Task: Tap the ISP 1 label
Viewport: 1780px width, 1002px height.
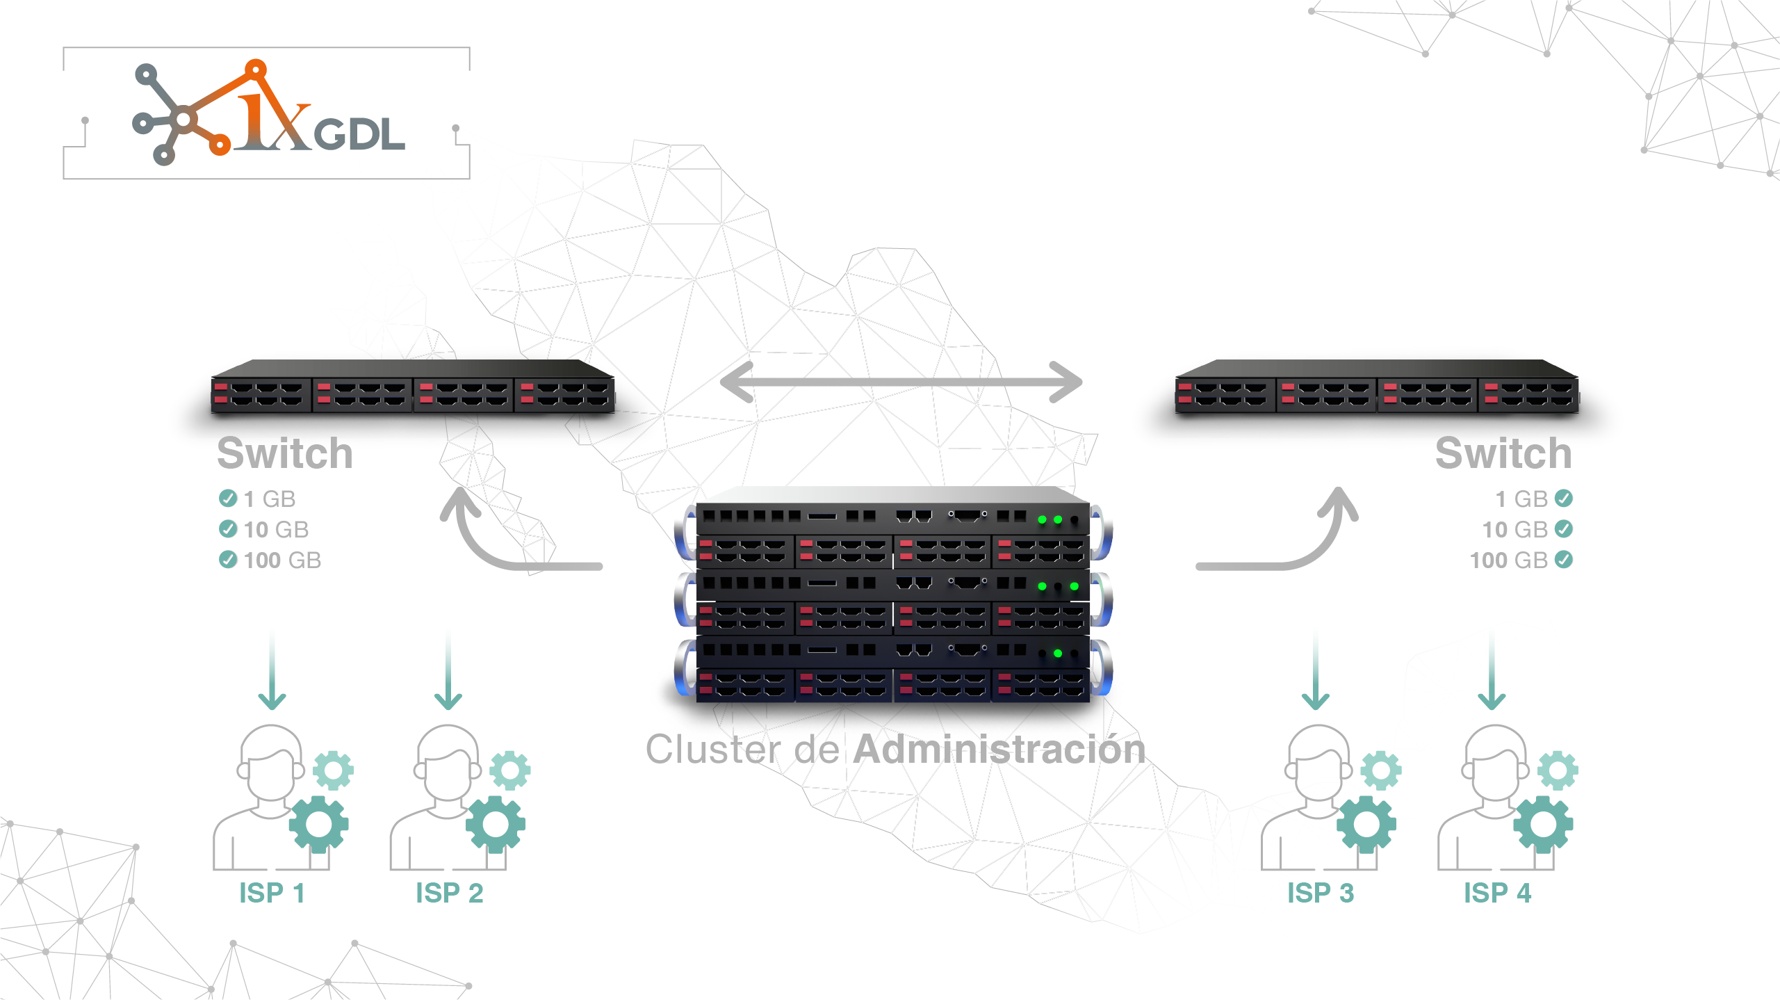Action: point(272,893)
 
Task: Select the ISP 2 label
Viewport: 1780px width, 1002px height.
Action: point(449,893)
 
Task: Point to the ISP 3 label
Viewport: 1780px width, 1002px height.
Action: point(1320,893)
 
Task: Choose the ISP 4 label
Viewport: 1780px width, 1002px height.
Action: point(1497,893)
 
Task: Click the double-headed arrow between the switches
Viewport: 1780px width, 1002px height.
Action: point(901,382)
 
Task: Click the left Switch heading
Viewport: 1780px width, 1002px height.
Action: point(285,453)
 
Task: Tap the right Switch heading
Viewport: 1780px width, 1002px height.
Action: point(1503,453)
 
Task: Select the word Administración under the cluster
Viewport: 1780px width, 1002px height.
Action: point(999,749)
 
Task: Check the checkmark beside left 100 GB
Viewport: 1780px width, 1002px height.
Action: point(228,560)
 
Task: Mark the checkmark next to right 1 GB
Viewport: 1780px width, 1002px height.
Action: point(1564,499)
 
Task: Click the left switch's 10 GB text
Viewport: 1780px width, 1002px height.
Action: point(276,530)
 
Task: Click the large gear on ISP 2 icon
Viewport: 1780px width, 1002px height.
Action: point(495,825)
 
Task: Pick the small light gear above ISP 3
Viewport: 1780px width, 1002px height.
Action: point(1380,770)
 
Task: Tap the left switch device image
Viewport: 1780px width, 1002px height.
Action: point(413,387)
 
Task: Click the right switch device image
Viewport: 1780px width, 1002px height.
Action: point(1376,387)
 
